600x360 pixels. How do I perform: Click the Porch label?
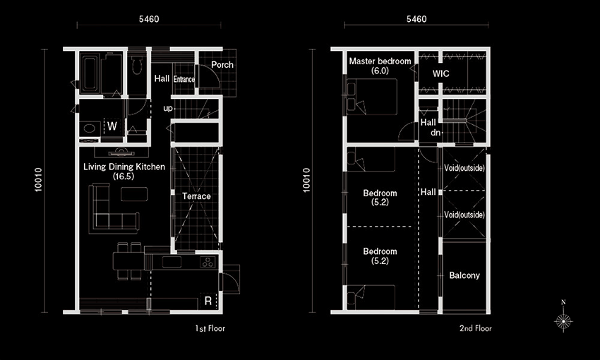coord(222,65)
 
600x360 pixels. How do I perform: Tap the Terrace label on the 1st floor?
coord(196,196)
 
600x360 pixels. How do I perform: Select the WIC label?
coord(440,73)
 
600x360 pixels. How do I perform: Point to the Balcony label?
coord(464,275)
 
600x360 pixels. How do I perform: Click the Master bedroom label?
coord(380,61)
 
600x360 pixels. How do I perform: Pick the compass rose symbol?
coord(563,320)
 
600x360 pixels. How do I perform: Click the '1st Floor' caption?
coord(210,328)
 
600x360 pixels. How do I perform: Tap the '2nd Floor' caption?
coord(476,328)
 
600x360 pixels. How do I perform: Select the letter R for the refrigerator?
coord(208,301)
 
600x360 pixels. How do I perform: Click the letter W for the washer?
coord(112,126)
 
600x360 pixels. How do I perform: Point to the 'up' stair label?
coord(167,109)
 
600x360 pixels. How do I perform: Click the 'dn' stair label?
coord(435,133)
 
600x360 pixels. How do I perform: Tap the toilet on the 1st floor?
coord(138,65)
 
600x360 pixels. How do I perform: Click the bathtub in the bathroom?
coord(90,74)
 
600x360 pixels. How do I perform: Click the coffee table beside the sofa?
coord(134,194)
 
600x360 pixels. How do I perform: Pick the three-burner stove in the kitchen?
coord(208,263)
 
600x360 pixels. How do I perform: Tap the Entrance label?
coord(184,79)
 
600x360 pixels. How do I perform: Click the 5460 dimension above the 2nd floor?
coord(416,19)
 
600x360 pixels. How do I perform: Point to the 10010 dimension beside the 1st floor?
coord(39,180)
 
